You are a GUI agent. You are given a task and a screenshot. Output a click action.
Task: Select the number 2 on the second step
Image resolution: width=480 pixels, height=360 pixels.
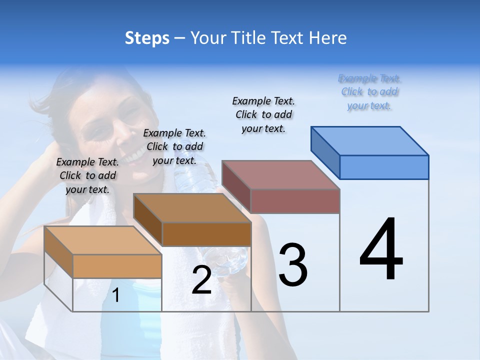[201, 280]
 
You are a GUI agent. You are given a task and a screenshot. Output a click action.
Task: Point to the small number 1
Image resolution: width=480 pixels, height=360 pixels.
[116, 295]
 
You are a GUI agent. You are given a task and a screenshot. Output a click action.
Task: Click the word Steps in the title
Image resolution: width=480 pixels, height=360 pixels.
[147, 38]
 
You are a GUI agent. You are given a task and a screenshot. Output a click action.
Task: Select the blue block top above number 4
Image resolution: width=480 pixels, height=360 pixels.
[370, 140]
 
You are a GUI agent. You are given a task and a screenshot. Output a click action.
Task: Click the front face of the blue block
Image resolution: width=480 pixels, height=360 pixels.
[384, 167]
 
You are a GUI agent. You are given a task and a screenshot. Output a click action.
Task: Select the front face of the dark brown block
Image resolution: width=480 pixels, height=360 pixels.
[206, 234]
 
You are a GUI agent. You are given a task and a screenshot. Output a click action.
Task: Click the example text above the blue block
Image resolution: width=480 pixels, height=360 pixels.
[370, 92]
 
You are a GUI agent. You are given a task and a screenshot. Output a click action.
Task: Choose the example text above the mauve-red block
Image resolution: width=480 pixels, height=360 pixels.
[263, 114]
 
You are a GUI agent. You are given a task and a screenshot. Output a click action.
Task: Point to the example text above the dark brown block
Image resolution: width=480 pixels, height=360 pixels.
[174, 146]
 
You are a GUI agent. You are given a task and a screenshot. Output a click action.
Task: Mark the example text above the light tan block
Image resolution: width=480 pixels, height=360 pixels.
[87, 175]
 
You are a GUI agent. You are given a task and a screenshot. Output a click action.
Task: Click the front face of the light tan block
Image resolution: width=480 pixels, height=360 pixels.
[117, 266]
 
